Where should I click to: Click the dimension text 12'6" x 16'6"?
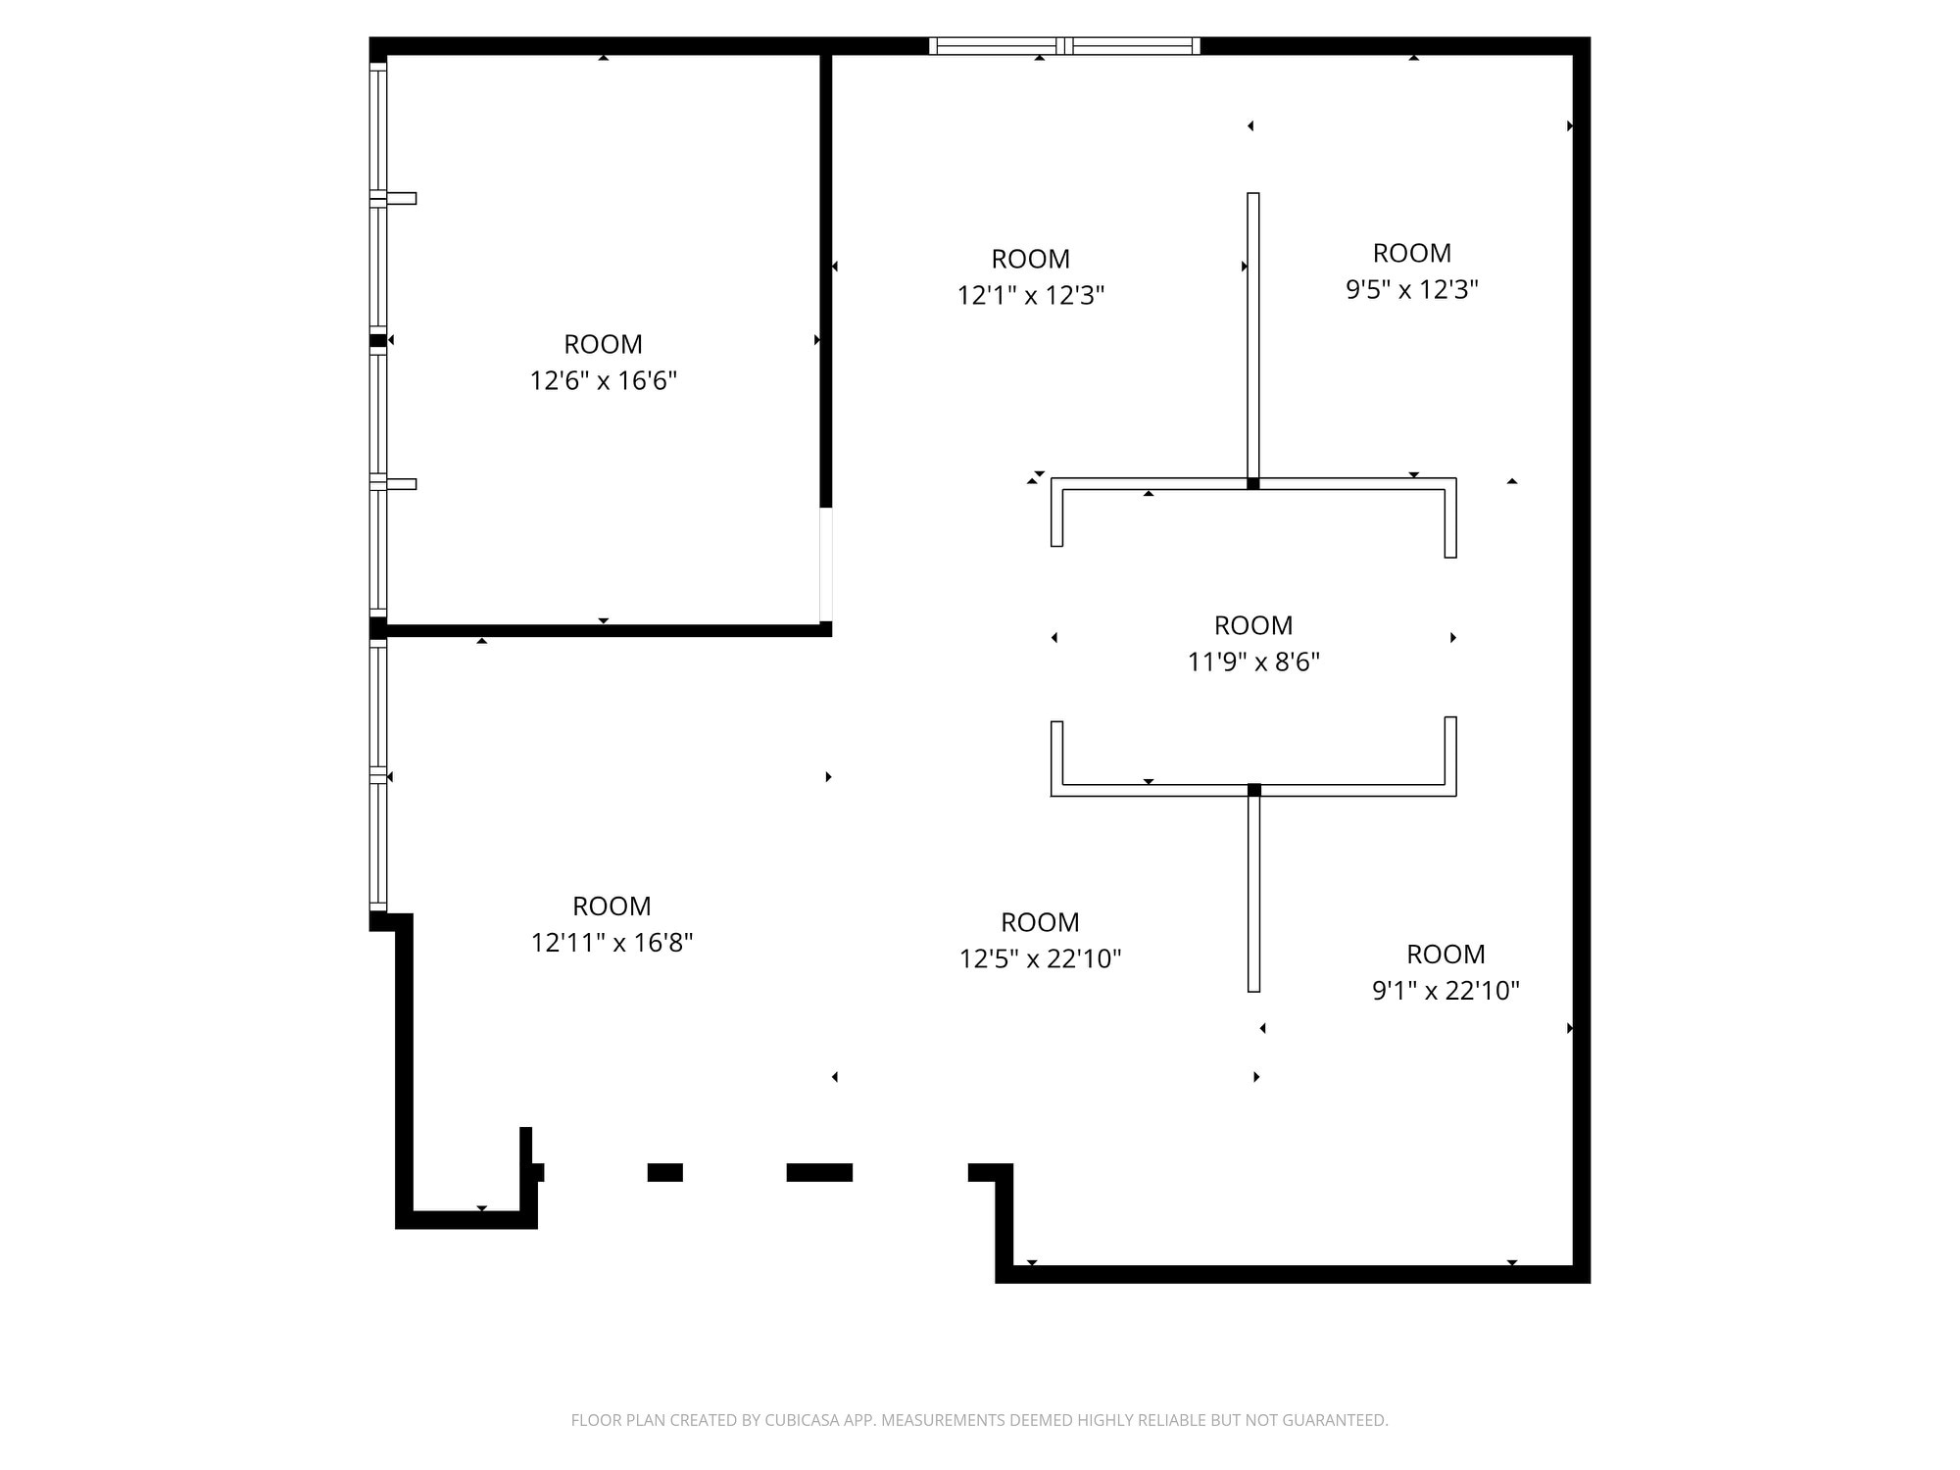click(603, 380)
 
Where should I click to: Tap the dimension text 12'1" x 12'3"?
click(1030, 295)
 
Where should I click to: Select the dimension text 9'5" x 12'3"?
click(1411, 289)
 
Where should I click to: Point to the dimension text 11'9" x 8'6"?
click(1253, 661)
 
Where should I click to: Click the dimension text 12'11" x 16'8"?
click(612, 942)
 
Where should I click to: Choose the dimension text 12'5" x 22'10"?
click(1040, 958)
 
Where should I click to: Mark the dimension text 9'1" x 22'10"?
click(1445, 990)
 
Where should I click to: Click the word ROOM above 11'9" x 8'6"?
click(1253, 625)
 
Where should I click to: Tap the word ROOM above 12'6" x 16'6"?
click(603, 344)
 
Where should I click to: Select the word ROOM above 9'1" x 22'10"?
click(1445, 954)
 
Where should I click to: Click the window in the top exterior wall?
click(1064, 45)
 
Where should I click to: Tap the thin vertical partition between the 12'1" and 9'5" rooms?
click(1252, 333)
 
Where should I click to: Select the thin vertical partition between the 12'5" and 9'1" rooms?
click(1253, 892)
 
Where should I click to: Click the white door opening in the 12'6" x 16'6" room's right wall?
click(826, 563)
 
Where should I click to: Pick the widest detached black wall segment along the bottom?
click(819, 1172)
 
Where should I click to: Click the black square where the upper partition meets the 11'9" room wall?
click(1252, 483)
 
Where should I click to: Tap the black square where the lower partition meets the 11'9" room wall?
click(1253, 790)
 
